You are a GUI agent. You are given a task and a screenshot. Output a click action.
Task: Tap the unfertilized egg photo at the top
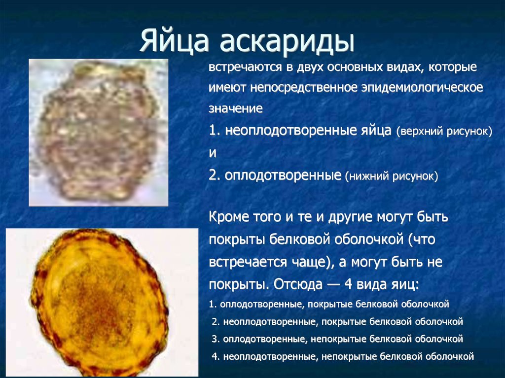point(99,133)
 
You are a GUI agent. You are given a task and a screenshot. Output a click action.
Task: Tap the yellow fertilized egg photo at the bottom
point(102,303)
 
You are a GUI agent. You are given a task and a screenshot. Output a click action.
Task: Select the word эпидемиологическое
point(422,88)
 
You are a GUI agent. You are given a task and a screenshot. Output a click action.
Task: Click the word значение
point(235,108)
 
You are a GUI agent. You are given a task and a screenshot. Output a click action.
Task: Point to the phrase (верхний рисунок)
point(444,132)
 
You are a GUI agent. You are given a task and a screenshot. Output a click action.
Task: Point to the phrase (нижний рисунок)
point(392,176)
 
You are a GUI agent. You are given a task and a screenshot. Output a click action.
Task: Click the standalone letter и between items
point(213,153)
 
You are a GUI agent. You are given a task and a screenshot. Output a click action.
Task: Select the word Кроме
point(229,217)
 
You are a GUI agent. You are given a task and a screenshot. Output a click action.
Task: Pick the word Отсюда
point(298,284)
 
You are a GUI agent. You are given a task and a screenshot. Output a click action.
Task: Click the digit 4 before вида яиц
point(348,284)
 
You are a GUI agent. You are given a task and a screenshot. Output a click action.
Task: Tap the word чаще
point(310,262)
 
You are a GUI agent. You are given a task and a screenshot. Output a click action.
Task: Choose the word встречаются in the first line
point(245,68)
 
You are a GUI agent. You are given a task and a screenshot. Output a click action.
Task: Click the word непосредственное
point(304,88)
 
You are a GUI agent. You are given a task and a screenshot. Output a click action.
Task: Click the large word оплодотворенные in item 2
point(283,175)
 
